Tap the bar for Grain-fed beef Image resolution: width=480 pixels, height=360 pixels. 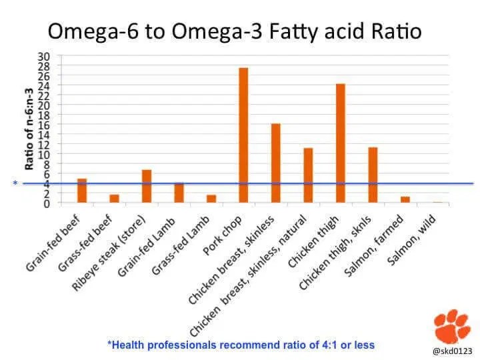82,191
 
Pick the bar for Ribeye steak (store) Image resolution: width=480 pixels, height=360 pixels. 147,186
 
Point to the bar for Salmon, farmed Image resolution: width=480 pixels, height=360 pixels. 405,199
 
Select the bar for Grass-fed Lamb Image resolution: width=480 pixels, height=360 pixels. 211,199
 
